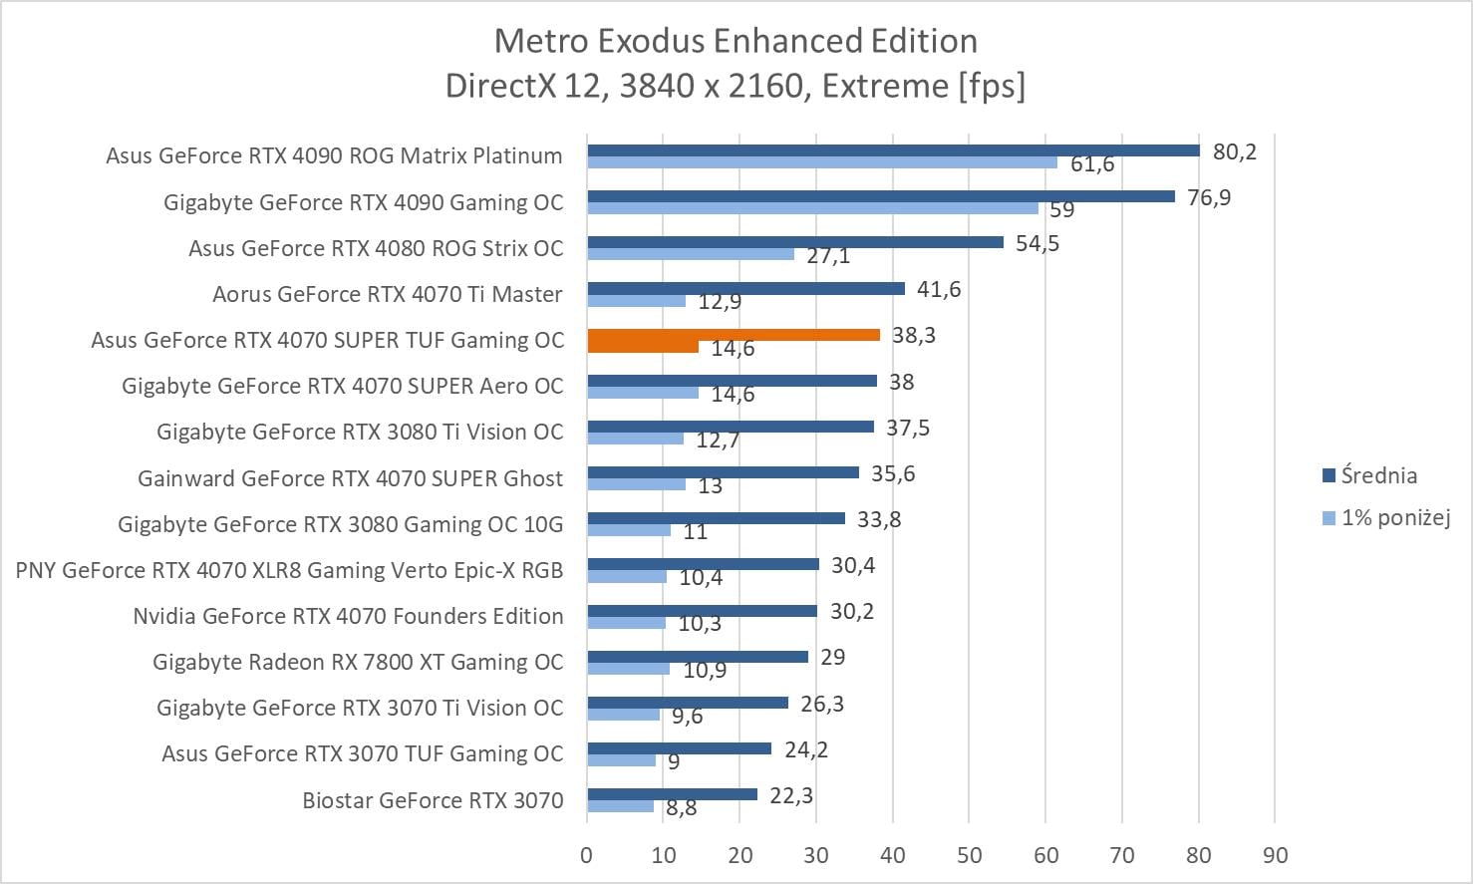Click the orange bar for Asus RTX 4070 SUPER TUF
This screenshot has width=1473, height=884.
pyautogui.click(x=734, y=335)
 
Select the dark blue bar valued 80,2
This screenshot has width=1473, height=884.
pyautogui.click(x=893, y=150)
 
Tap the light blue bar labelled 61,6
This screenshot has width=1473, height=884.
pyautogui.click(x=821, y=162)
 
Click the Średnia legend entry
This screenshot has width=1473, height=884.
pyautogui.click(x=1378, y=475)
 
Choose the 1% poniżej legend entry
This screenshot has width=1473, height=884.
pyautogui.click(x=1394, y=517)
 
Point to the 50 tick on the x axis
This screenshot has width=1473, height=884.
pyautogui.click(x=969, y=855)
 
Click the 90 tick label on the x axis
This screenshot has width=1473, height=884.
pyautogui.click(x=1275, y=855)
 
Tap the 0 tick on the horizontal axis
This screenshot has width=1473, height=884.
pyautogui.click(x=586, y=855)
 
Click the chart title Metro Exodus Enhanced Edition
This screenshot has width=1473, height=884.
pyautogui.click(x=736, y=41)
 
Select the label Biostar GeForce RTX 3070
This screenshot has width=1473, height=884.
pyautogui.click(x=433, y=800)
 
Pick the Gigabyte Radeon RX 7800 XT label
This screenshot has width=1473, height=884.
pyautogui.click(x=358, y=662)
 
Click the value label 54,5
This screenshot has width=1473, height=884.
pyautogui.click(x=1037, y=243)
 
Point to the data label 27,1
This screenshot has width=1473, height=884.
pyautogui.click(x=828, y=256)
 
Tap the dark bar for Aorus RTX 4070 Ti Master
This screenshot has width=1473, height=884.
pyautogui.click(x=745, y=288)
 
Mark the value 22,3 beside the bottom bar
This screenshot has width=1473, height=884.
pyautogui.click(x=791, y=795)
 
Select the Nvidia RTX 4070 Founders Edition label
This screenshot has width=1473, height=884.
pyautogui.click(x=348, y=616)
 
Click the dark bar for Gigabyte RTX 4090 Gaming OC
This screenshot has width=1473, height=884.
pyautogui.click(x=881, y=196)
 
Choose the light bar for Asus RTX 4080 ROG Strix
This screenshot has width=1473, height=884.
pyautogui.click(x=690, y=254)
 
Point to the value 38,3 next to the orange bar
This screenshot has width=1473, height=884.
pyautogui.click(x=914, y=335)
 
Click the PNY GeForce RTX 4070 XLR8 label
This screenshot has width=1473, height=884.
pyautogui.click(x=289, y=570)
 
